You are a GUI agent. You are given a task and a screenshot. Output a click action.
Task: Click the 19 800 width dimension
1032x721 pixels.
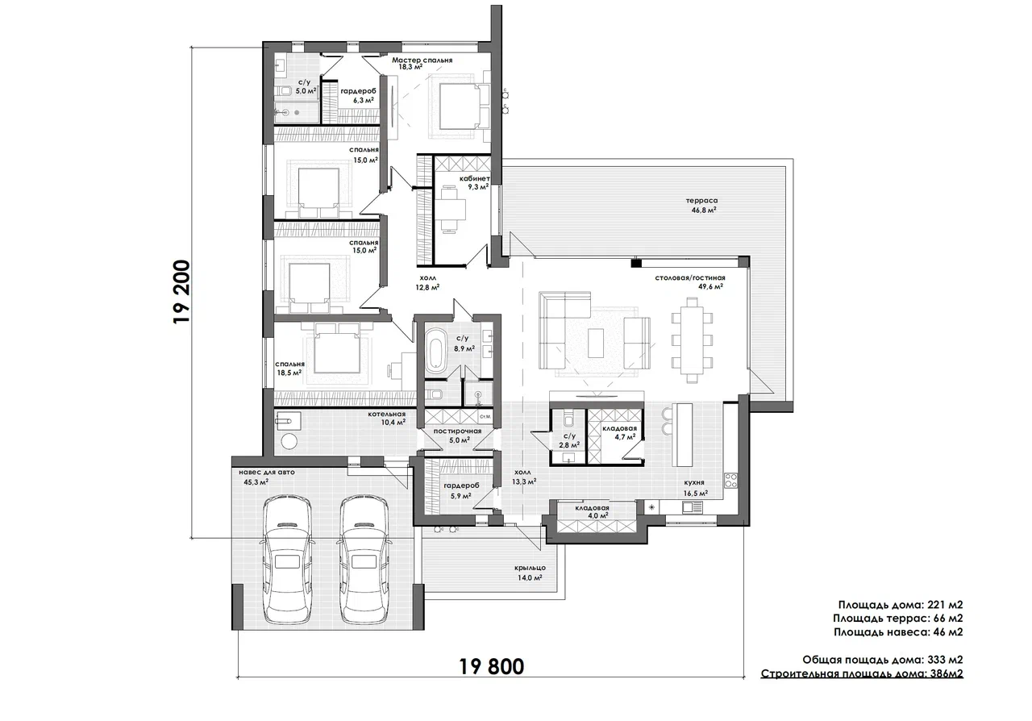[492, 667]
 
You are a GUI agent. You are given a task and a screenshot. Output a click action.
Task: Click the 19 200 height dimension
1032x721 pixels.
[181, 292]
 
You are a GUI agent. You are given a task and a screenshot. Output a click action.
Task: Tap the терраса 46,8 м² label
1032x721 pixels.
[701, 205]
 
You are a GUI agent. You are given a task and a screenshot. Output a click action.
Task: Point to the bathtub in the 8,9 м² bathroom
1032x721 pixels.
[435, 350]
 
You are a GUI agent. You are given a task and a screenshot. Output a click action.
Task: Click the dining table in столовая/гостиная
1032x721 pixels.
[692, 340]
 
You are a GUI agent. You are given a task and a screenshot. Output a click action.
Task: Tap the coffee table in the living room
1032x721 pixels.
[596, 342]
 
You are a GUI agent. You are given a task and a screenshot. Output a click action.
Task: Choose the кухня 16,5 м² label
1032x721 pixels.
[695, 488]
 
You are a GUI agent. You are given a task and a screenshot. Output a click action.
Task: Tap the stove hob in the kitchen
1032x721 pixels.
[730, 481]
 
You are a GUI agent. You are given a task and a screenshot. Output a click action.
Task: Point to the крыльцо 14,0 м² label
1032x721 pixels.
[530, 573]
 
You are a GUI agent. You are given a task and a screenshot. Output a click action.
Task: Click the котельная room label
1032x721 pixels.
[386, 414]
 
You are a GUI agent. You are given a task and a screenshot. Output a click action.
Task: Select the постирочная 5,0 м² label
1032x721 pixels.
[457, 436]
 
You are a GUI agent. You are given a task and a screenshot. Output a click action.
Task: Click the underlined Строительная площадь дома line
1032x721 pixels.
[862, 673]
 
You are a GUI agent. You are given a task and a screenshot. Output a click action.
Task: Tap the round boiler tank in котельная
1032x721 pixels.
[289, 441]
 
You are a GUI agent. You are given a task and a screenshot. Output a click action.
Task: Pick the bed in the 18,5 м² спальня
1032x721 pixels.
[337, 348]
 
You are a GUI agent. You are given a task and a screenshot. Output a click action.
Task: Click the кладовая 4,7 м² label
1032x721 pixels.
[619, 432]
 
